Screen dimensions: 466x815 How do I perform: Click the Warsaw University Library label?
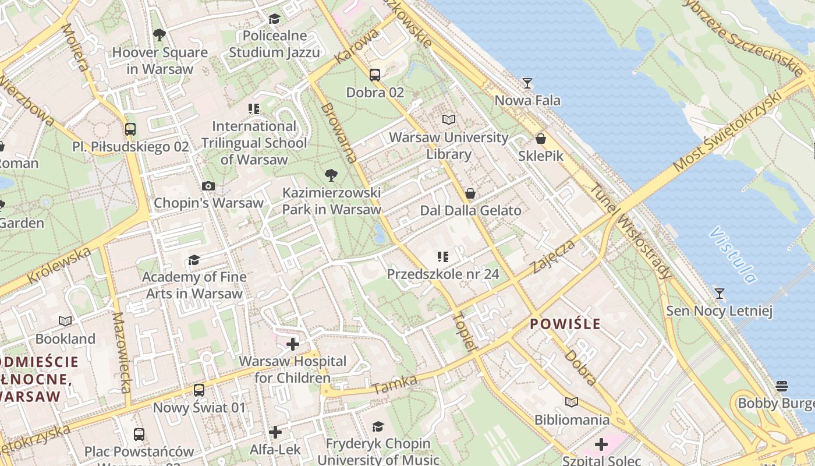point(449,146)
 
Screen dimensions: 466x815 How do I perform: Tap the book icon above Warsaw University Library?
point(449,120)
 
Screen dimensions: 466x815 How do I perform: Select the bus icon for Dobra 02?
point(375,75)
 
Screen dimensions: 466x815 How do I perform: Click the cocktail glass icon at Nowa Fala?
point(527,83)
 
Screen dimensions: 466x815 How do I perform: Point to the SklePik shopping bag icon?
point(541,139)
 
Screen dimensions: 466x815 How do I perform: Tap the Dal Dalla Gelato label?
point(470,210)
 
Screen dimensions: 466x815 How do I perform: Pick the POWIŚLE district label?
point(565,324)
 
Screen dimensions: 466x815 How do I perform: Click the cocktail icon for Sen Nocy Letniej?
point(720,294)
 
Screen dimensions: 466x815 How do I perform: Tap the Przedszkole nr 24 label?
point(443,274)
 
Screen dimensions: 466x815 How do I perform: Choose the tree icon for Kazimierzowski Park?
point(331,175)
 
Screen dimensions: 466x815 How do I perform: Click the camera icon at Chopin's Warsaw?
point(208,186)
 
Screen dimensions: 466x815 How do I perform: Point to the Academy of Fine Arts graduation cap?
point(194,260)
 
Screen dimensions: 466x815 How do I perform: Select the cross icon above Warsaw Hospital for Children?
point(293,344)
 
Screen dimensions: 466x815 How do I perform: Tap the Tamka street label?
point(395,384)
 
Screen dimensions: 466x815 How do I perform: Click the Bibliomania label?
point(572,419)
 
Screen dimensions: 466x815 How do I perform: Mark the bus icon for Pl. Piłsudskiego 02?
point(130,129)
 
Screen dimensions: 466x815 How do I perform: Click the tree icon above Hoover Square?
point(160,36)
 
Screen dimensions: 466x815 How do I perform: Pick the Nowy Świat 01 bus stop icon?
point(199,390)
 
